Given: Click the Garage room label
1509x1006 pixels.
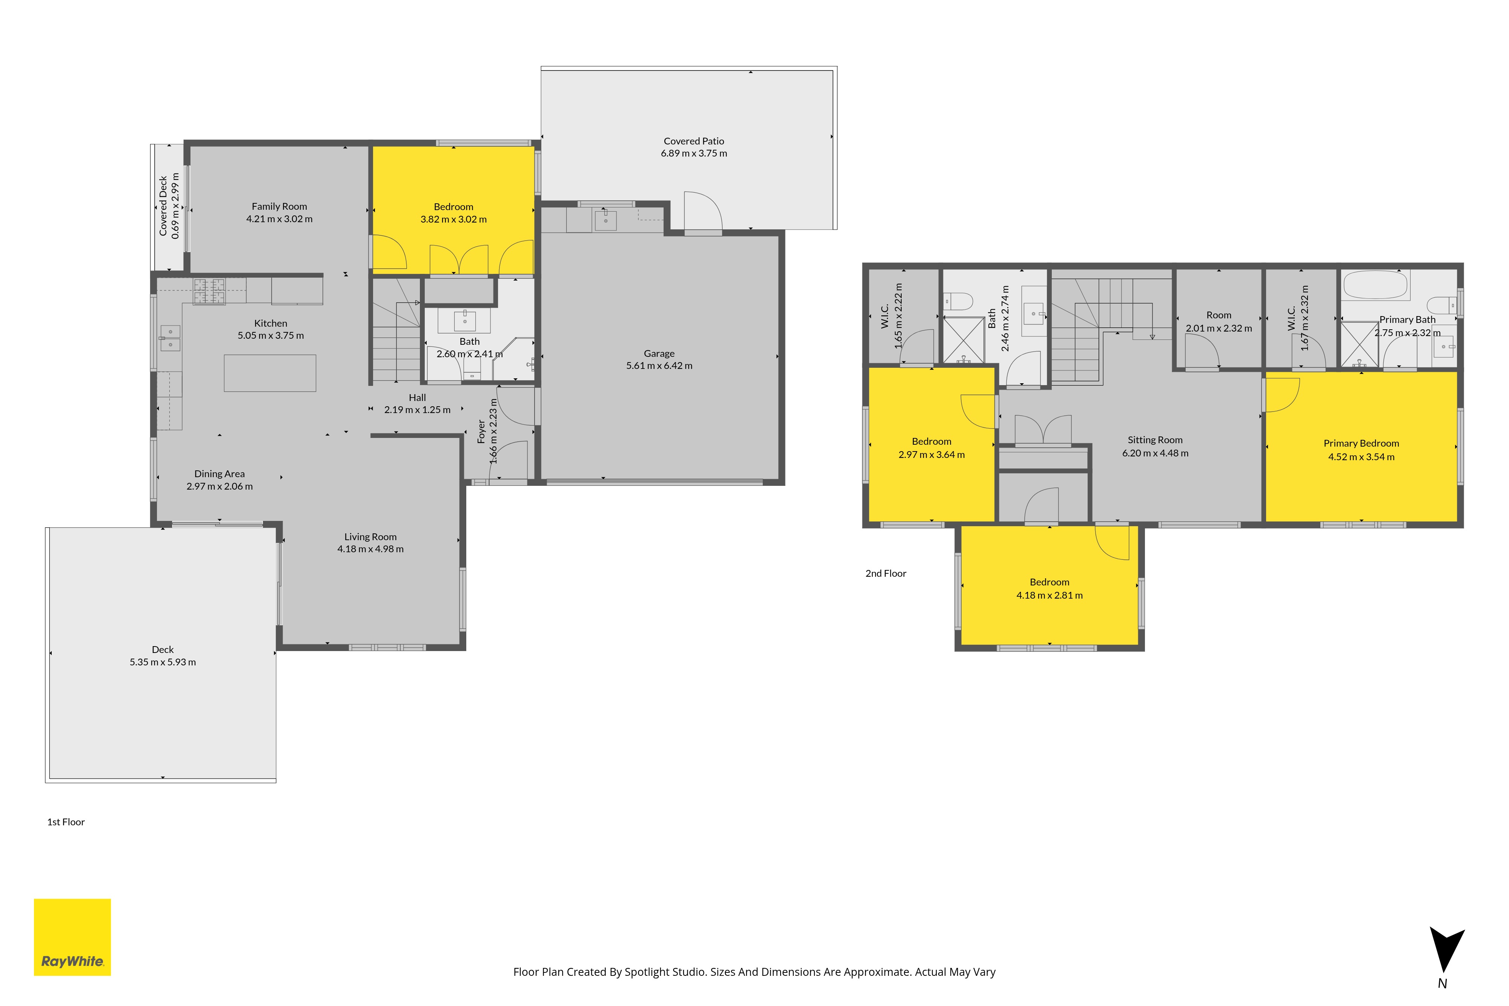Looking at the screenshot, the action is coord(659,353).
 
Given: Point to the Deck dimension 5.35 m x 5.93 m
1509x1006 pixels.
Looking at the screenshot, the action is coord(163,662).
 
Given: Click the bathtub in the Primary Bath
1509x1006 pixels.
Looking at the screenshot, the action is coord(1375,285).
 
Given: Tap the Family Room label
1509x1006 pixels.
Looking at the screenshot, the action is coord(279,207).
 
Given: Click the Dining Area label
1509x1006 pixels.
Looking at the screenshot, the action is coord(220,474).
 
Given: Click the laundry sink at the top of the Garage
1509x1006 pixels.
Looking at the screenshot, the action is coord(605,220).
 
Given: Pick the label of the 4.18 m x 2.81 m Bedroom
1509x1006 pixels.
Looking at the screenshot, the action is coord(1049,582).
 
